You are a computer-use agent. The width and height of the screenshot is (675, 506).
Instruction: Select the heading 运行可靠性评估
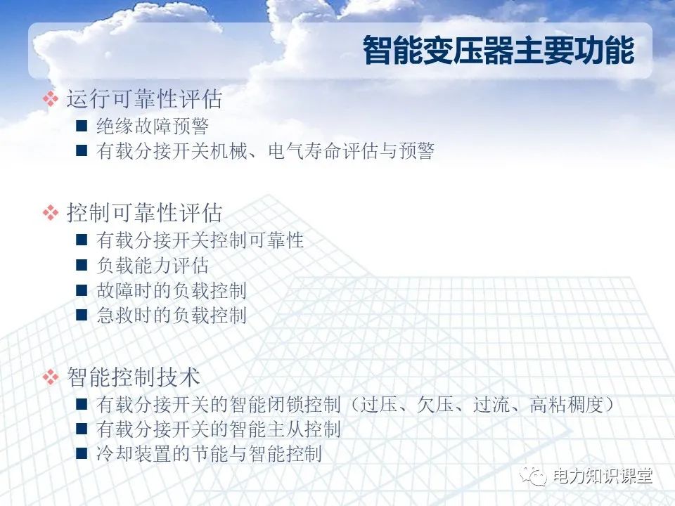point(144,99)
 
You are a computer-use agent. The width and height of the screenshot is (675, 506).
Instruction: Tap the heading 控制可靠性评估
point(144,212)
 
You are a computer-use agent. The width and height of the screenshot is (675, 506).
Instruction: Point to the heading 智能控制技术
point(134,377)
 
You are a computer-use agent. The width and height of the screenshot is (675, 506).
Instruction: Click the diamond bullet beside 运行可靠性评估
point(51,100)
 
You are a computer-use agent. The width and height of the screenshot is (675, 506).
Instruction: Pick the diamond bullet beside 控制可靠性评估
point(51,212)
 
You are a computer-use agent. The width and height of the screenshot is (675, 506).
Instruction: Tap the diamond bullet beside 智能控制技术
point(51,377)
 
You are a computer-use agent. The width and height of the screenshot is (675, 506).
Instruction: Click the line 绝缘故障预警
point(153,126)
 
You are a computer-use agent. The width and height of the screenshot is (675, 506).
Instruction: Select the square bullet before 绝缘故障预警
point(82,126)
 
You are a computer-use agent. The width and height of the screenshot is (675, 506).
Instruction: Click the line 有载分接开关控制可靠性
point(200,240)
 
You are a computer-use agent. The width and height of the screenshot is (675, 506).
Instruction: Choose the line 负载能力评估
point(153,266)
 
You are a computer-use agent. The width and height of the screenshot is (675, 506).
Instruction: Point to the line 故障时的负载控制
point(172,290)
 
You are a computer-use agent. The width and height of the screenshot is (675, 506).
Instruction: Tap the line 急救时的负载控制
point(172,315)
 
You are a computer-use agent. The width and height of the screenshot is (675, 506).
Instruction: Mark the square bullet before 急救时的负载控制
point(82,315)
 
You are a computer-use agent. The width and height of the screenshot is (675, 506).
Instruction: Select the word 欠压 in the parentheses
point(434,405)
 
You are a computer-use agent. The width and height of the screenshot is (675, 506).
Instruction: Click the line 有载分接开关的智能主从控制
point(219,429)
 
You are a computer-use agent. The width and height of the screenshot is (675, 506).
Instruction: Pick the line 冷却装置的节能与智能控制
point(210,453)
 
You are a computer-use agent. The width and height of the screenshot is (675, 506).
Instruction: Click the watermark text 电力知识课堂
point(603,476)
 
